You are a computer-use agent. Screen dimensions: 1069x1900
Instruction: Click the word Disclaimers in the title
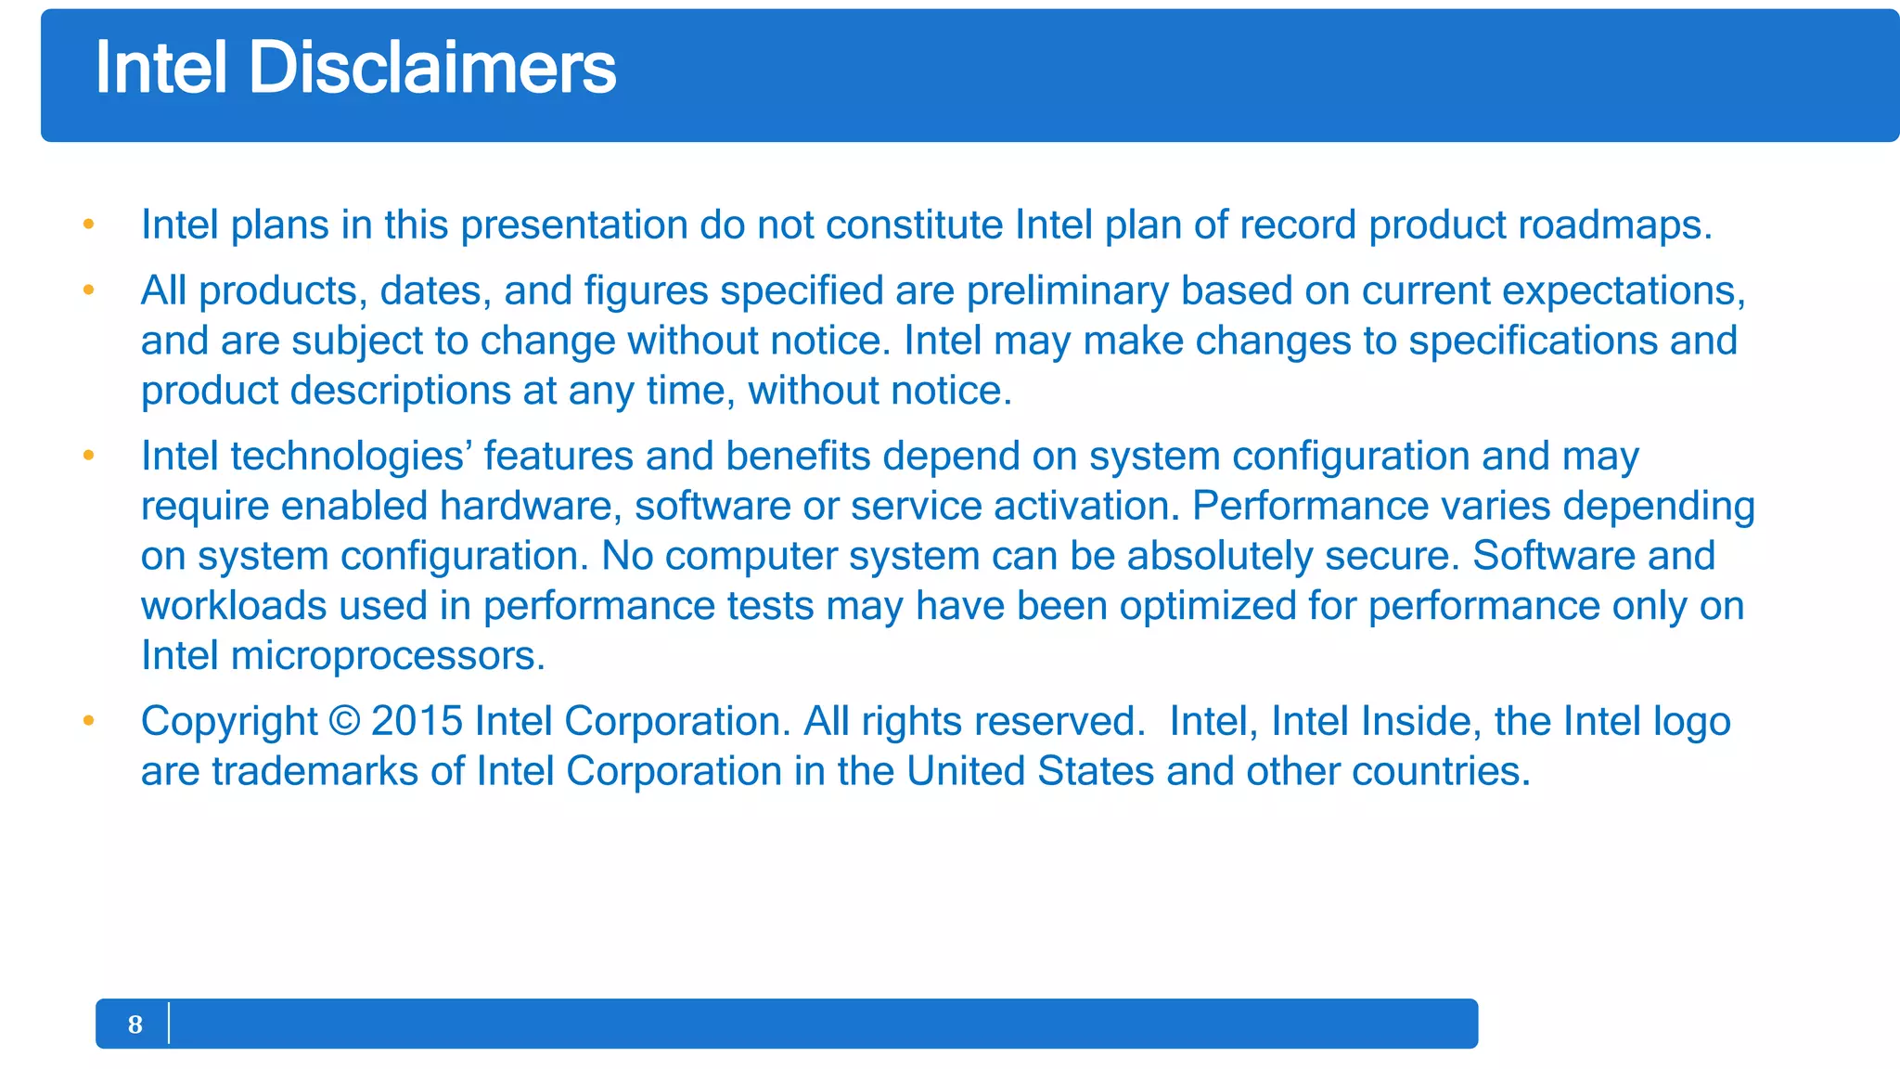pyautogui.click(x=431, y=68)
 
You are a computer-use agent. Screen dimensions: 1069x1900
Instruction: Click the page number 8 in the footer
pyautogui.click(x=135, y=1024)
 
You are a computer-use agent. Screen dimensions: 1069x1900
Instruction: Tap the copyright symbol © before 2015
pyautogui.click(x=344, y=721)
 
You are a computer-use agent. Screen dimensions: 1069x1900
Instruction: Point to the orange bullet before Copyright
pyautogui.click(x=89, y=721)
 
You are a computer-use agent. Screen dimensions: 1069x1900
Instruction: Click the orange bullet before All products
pyautogui.click(x=89, y=290)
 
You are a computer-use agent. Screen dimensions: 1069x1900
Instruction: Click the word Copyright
pyautogui.click(x=229, y=722)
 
